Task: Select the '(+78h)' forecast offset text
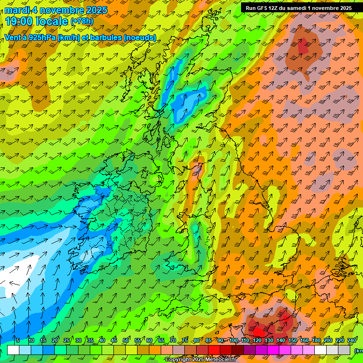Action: coord(82,21)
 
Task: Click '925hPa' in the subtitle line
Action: coord(42,37)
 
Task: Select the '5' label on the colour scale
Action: coord(18,340)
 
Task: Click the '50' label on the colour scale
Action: coord(126,340)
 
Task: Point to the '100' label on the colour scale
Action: coord(233,340)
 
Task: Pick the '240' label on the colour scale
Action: coord(352,340)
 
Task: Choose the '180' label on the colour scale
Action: coord(315,340)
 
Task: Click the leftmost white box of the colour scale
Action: coord(13,350)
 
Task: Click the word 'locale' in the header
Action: coord(51,21)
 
